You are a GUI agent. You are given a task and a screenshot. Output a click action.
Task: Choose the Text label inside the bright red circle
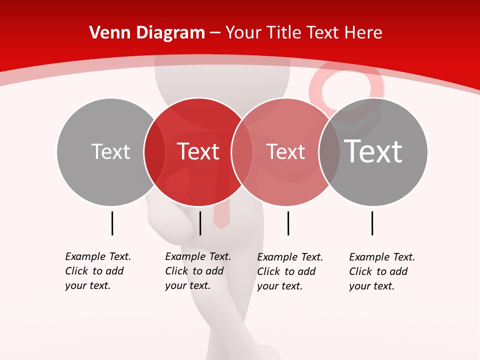pyautogui.click(x=198, y=151)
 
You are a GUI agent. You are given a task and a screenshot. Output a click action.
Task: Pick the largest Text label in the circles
pyautogui.click(x=373, y=151)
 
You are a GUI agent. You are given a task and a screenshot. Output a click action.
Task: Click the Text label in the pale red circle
pyautogui.click(x=286, y=151)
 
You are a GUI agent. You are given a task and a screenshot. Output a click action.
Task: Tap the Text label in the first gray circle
pyautogui.click(x=110, y=151)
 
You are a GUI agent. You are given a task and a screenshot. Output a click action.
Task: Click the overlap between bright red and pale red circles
pyautogui.click(x=241, y=151)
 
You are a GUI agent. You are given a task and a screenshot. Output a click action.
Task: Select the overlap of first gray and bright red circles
pyautogui.click(x=154, y=151)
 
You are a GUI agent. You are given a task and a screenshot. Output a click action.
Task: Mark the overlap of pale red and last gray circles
pyautogui.click(x=329, y=151)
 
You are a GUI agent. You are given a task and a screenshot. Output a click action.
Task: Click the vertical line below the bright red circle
pyautogui.click(x=200, y=223)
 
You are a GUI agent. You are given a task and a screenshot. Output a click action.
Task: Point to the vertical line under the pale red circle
pyautogui.click(x=288, y=223)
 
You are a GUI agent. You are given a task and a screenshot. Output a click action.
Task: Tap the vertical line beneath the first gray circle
pyautogui.click(x=112, y=223)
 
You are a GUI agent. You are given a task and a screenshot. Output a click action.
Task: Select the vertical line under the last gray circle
pyautogui.click(x=372, y=223)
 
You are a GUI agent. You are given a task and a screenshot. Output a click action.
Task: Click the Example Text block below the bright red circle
pyautogui.click(x=197, y=271)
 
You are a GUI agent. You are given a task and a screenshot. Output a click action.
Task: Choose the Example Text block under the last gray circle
pyautogui.click(x=381, y=271)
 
